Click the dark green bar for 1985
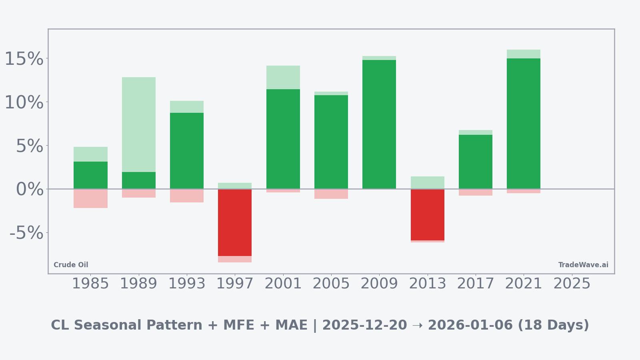90,175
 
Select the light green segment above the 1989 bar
139,124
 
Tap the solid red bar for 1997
235,222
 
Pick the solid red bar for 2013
427,215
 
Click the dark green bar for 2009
379,124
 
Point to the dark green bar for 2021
523,124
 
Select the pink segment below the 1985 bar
90,198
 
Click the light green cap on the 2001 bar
283,77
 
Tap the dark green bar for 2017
475,162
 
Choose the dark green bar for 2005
331,142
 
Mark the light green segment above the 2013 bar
427,182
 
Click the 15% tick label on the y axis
24,59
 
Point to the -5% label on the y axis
26,233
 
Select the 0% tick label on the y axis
30,189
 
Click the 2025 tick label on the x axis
572,284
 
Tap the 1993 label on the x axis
187,284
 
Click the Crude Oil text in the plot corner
71,265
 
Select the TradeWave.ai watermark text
583,265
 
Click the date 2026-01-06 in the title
470,325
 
